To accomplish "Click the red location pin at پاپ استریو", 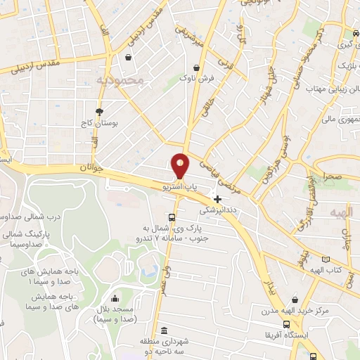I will coord(181,166).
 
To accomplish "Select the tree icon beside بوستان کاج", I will coord(100,111).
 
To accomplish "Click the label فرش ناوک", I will coord(198,78).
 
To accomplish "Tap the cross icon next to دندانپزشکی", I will coord(217,199).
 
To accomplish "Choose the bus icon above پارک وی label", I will coord(172,217).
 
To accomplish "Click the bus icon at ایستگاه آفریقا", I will coord(286,324).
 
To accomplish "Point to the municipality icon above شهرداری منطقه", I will coord(164,330).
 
